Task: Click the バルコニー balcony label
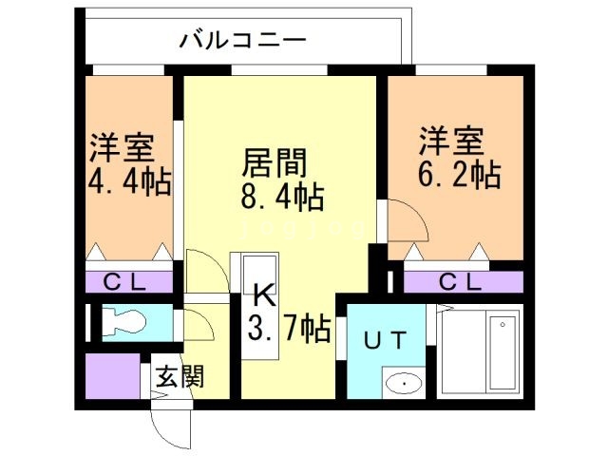(x=242, y=41)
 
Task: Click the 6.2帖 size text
(x=461, y=174)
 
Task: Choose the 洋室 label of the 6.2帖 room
(x=450, y=140)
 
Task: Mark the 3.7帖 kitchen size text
(x=289, y=330)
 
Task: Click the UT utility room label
(x=386, y=339)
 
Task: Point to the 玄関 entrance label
(x=180, y=377)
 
